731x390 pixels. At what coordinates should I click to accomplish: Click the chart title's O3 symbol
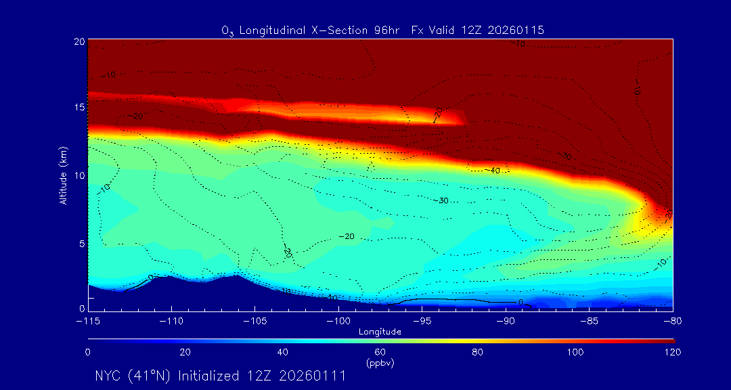(x=227, y=31)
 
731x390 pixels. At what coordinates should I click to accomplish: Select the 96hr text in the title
(x=386, y=30)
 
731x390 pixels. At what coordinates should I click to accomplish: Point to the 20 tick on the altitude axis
(x=79, y=41)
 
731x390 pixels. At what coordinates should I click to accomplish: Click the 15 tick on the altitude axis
(x=79, y=108)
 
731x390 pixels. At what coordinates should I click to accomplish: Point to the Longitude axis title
(x=380, y=331)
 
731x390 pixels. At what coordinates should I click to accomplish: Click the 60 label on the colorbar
(x=380, y=352)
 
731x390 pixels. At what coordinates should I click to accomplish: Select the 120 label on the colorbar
(x=672, y=352)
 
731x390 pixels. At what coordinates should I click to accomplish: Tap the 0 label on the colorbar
(x=88, y=352)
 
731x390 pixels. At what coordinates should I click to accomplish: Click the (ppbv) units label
(x=380, y=363)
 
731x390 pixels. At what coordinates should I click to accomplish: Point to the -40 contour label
(x=493, y=171)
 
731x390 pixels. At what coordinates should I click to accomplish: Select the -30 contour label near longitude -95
(x=442, y=200)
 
